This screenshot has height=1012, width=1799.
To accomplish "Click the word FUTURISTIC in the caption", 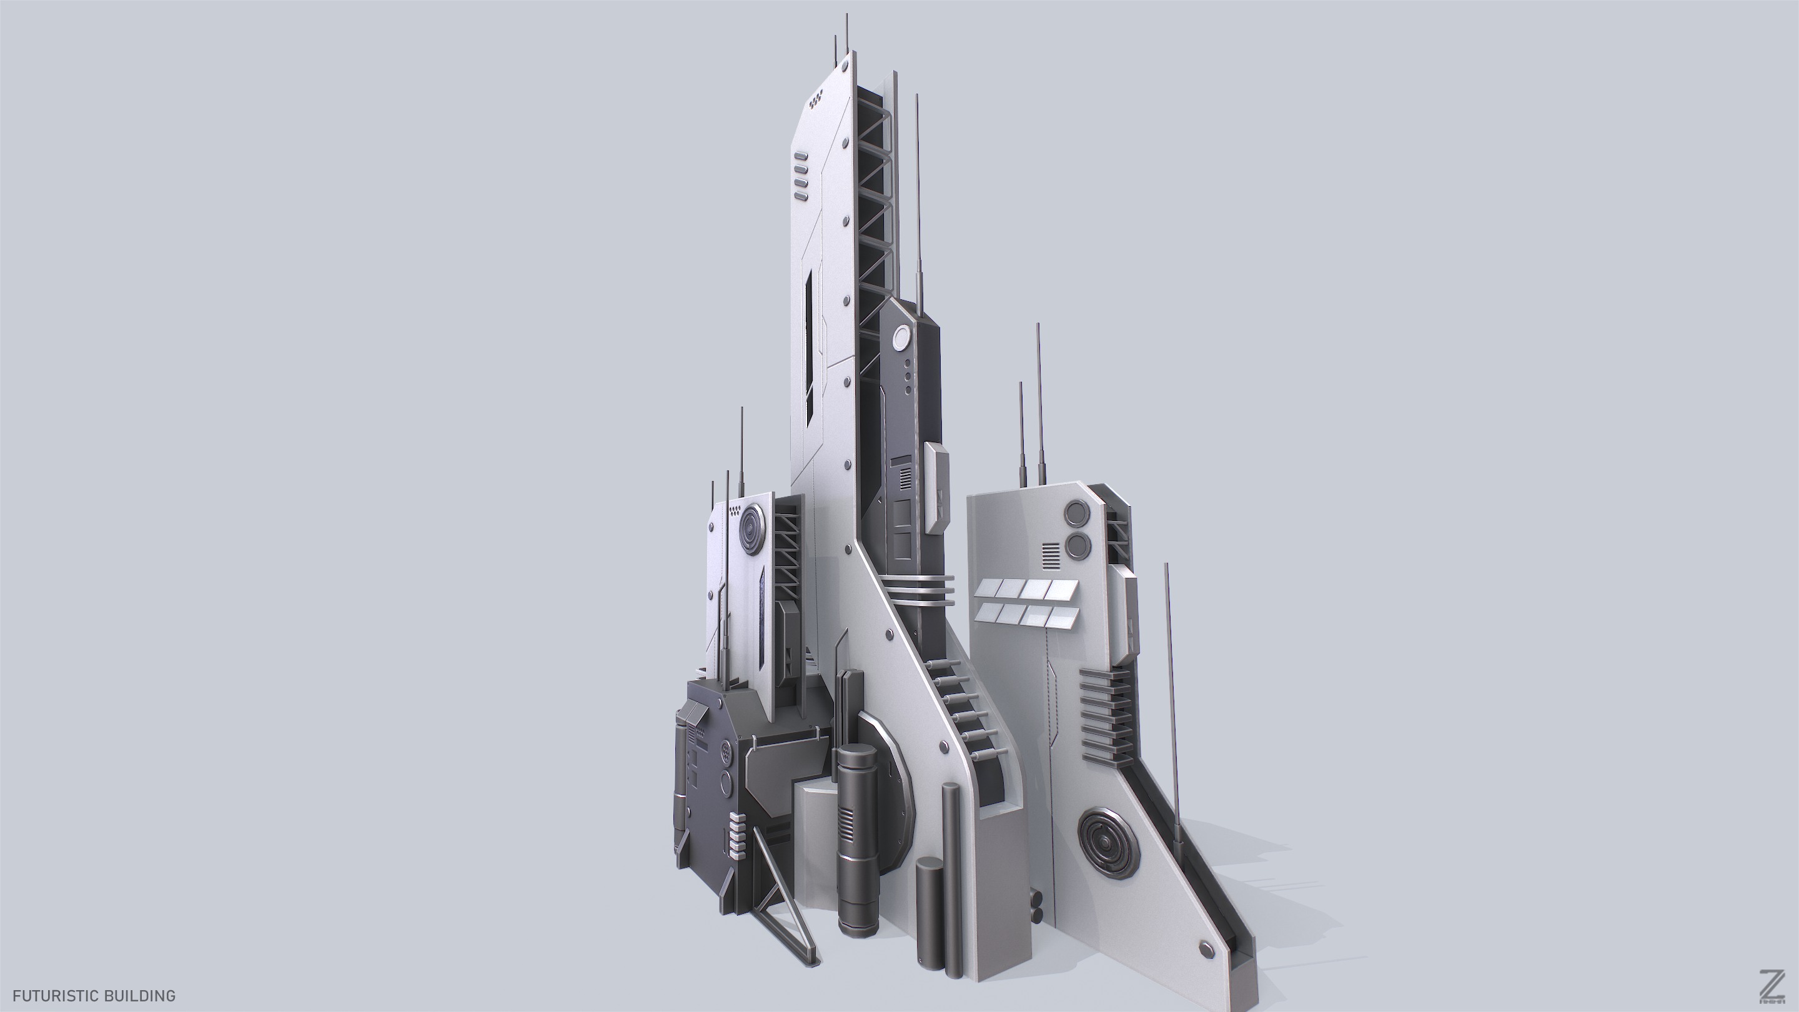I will [52, 995].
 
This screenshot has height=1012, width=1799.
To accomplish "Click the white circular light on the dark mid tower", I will [901, 339].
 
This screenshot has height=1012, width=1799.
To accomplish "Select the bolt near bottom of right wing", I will [1206, 948].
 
